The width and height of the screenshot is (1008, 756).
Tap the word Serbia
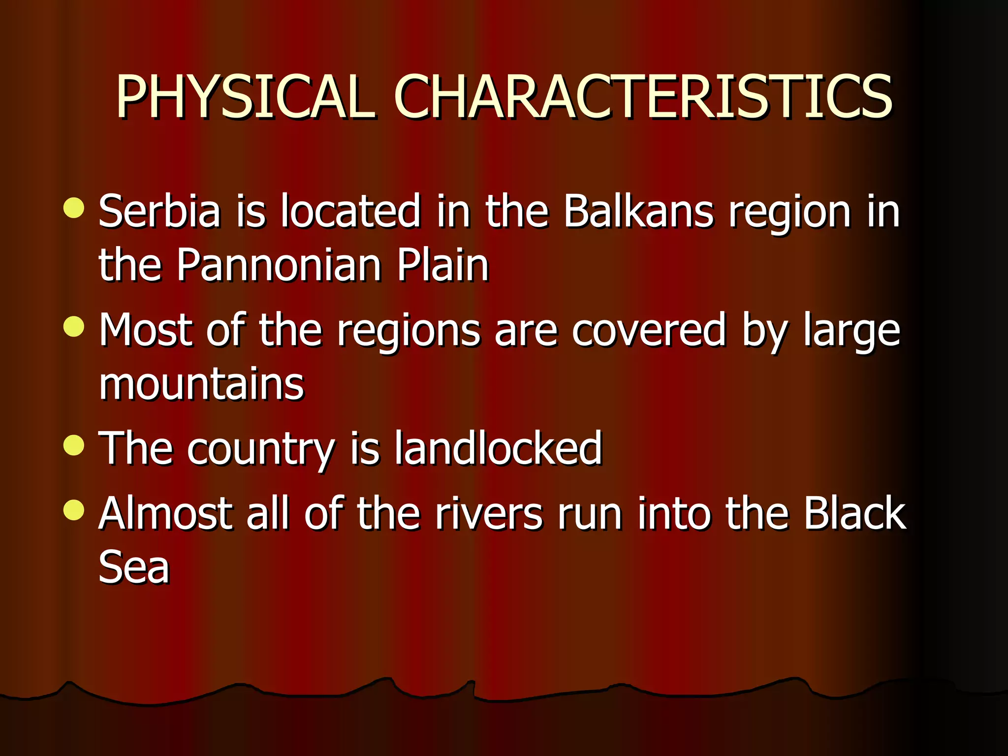tap(159, 211)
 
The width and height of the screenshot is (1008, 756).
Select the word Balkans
tap(638, 211)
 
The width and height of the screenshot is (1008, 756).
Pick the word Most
tap(145, 330)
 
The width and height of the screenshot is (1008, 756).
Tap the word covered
tap(649, 330)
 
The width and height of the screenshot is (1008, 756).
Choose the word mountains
tap(201, 384)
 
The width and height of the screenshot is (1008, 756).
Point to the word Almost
tap(165, 513)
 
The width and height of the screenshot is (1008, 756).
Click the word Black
tap(855, 513)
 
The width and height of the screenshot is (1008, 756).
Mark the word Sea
tap(134, 567)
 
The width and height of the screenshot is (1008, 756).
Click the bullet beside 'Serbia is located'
tap(74, 208)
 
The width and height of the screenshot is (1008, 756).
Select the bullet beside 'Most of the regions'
tap(74, 326)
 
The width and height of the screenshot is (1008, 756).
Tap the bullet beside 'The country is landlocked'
tap(74, 445)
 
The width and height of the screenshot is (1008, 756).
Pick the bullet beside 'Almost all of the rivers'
tap(74, 510)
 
